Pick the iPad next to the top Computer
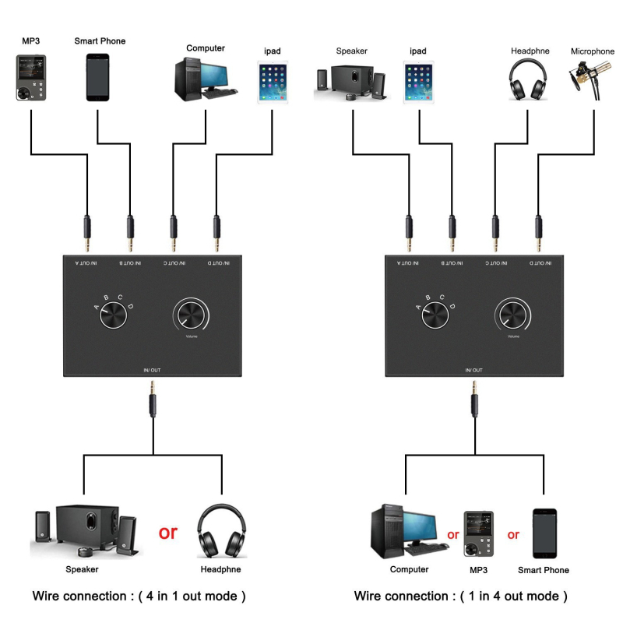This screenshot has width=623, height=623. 273,84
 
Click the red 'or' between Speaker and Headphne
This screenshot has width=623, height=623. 168,533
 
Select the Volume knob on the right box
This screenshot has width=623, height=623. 513,315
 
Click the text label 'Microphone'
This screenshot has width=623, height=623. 592,51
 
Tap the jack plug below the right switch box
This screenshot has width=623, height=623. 474,405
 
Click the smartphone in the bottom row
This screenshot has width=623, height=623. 544,533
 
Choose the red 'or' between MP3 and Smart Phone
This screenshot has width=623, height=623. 512,535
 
